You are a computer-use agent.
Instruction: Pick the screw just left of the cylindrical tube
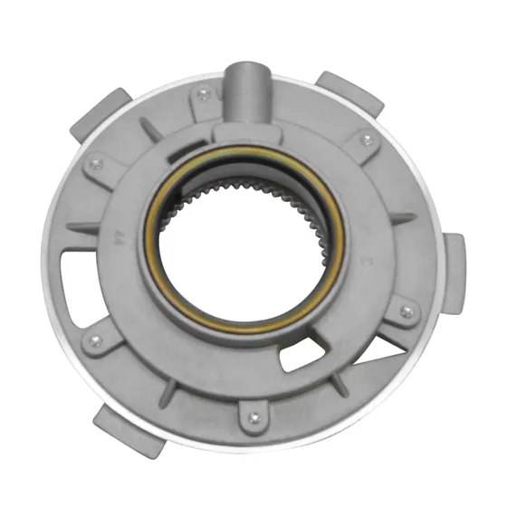[x=203, y=93]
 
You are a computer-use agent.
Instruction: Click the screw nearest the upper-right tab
[x=366, y=139]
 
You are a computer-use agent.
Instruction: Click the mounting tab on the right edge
[x=454, y=258]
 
